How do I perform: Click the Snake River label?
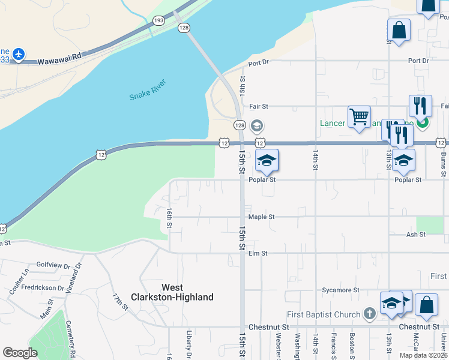click(x=148, y=90)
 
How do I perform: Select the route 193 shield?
click(x=159, y=20)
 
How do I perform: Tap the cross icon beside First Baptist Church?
click(x=370, y=314)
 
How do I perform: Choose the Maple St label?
click(x=261, y=217)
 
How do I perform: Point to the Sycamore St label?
click(x=339, y=290)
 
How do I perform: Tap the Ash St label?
click(x=415, y=235)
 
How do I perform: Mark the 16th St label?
click(x=169, y=218)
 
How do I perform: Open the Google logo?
click(x=20, y=353)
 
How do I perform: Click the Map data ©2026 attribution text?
click(x=423, y=355)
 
